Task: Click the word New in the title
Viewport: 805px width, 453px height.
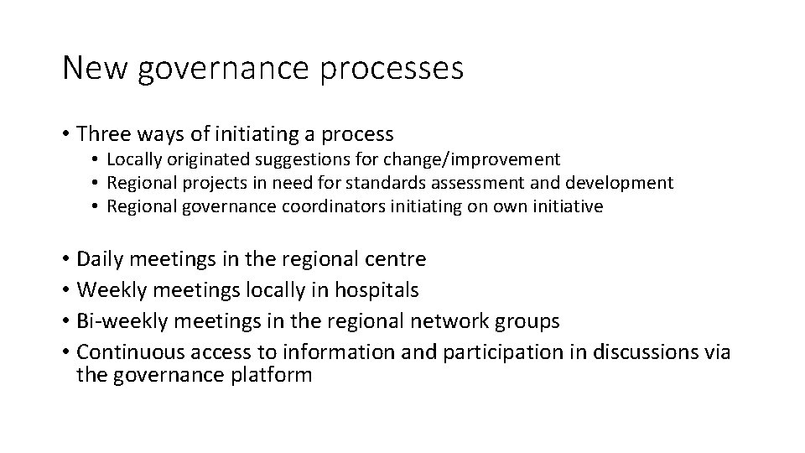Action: coord(93,68)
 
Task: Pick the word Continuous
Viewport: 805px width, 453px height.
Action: coord(128,352)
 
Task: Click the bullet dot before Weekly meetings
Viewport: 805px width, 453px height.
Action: coord(65,291)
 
